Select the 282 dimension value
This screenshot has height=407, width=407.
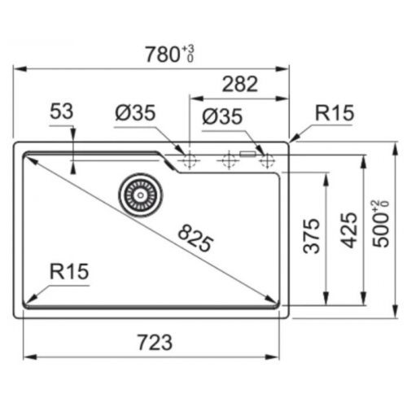(240, 83)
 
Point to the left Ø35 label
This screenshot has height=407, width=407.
(135, 116)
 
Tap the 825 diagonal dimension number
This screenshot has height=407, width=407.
(195, 236)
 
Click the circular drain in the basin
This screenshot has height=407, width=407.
(138, 193)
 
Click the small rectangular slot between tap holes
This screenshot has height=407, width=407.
(246, 152)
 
